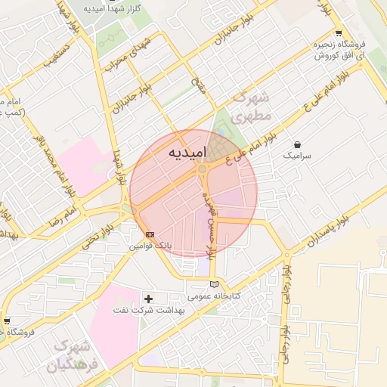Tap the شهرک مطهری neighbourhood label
click(x=252, y=107)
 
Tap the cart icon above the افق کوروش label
click(x=339, y=33)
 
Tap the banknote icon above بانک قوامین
click(x=150, y=234)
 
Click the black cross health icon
click(x=148, y=299)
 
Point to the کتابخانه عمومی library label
click(x=214, y=296)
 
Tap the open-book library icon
click(x=215, y=283)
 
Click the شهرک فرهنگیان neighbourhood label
click(x=74, y=356)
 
